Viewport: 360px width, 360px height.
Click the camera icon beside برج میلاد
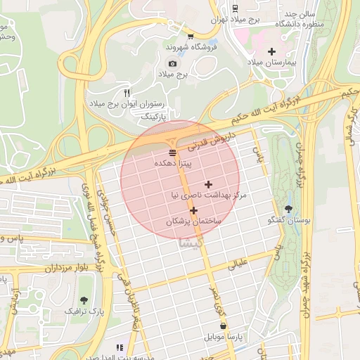tap(173, 64)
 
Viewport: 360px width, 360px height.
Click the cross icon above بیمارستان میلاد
tap(272, 51)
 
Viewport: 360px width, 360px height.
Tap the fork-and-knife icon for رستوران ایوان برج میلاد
tap(127, 93)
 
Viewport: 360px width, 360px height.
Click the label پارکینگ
tap(156, 115)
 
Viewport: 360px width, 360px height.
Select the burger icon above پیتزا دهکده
tap(173, 152)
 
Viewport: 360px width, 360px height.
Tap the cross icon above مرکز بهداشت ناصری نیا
tap(208, 184)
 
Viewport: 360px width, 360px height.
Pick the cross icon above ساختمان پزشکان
tap(193, 210)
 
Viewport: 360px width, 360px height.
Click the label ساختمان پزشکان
tap(193, 221)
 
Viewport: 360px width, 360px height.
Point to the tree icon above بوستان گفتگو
tap(289, 209)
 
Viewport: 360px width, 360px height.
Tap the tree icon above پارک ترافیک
tap(84, 300)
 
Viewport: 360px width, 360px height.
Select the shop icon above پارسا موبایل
tap(224, 326)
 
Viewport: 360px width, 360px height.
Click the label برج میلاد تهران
tap(236, 20)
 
